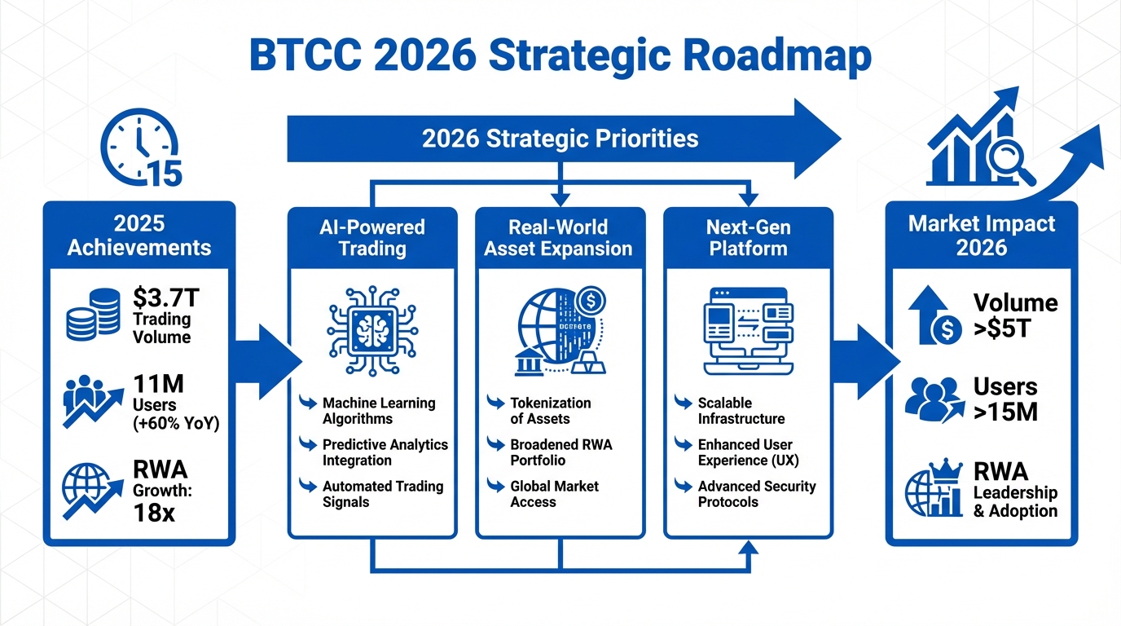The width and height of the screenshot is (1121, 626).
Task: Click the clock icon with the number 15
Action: (141, 148)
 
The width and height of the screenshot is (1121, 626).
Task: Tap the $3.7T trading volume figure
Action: (166, 298)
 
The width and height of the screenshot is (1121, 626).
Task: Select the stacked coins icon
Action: (93, 314)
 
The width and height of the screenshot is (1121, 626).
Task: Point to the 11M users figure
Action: (158, 384)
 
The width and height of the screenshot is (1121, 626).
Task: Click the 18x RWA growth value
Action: (154, 513)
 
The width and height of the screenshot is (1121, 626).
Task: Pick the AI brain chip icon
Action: (372, 331)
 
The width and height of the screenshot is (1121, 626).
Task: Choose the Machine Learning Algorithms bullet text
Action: (379, 411)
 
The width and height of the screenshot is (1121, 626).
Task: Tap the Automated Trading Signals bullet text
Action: (383, 494)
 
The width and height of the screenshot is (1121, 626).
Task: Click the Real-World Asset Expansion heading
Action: (558, 238)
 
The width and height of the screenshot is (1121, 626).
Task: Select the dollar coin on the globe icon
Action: (591, 301)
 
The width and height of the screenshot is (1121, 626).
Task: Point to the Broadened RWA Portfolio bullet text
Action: (561, 452)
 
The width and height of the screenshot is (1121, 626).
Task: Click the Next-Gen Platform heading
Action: (748, 238)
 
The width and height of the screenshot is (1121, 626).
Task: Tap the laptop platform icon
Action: (748, 331)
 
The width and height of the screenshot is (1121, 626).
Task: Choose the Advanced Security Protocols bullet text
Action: (757, 494)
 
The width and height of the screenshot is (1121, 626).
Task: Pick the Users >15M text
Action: (1005, 399)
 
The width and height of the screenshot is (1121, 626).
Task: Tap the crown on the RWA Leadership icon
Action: (945, 470)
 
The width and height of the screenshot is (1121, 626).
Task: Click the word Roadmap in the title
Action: (777, 56)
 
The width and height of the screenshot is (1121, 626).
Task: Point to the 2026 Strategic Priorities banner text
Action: (560, 139)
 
